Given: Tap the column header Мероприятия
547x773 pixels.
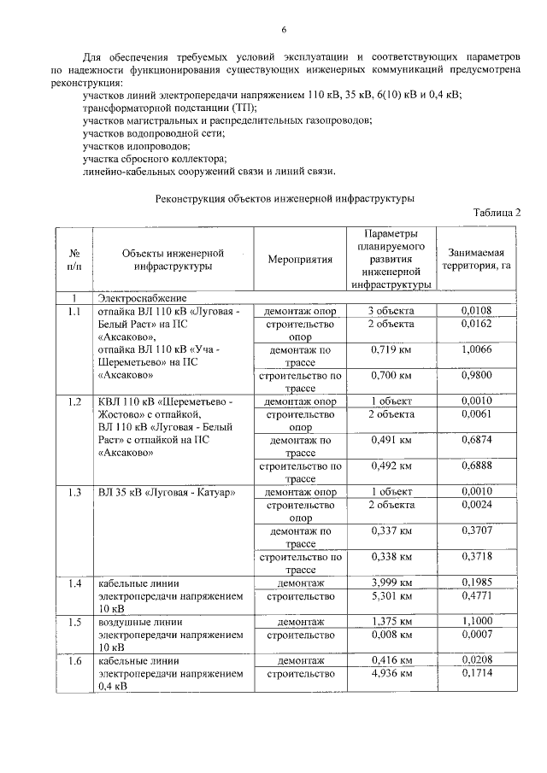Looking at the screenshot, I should [x=299, y=259].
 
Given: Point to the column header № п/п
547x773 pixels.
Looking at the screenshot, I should [x=74, y=259].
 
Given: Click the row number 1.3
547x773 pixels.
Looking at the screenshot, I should [x=74, y=493].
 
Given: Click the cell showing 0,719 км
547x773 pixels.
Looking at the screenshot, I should [x=390, y=349].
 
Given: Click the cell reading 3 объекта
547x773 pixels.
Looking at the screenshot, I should [x=390, y=310].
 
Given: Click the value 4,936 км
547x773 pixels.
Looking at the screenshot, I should [x=390, y=673].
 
